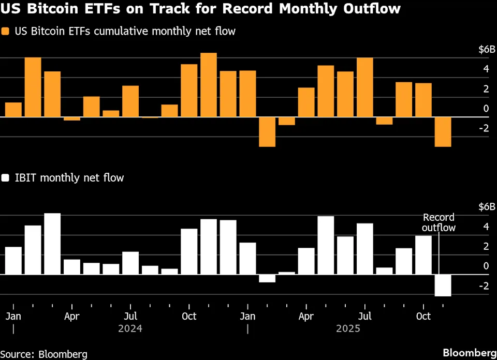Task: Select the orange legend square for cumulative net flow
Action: tap(6, 32)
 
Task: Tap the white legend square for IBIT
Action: tap(6, 178)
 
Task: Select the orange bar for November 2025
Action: tap(443, 132)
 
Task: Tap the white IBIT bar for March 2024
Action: tap(52, 244)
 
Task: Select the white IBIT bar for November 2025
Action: tap(443, 285)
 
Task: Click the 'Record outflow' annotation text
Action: tap(438, 222)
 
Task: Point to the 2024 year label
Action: tap(130, 328)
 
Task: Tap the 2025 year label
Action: tap(348, 328)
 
